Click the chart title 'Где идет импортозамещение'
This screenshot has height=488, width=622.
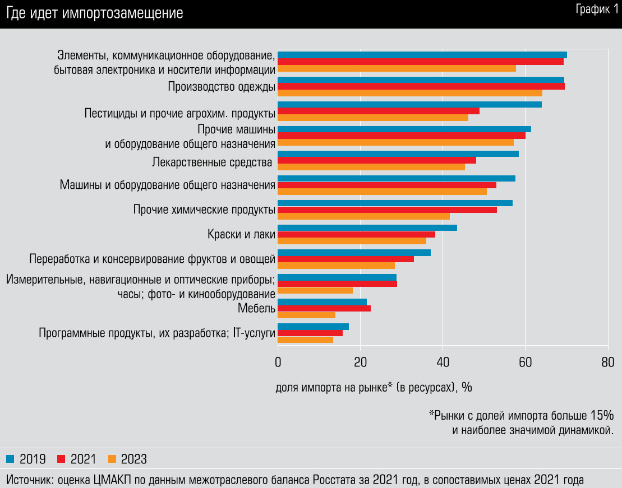point(95,14)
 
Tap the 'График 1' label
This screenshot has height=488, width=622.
point(596,10)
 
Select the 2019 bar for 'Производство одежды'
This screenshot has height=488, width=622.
point(421,80)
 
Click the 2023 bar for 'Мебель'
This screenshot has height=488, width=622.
point(306,315)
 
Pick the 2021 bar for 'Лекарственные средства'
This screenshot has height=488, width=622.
point(376,160)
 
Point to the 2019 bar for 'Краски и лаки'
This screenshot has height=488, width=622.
point(367,227)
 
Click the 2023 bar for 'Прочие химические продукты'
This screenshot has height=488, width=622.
point(363,216)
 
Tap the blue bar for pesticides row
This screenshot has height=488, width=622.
point(409,104)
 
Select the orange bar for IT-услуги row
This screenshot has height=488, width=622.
point(305,340)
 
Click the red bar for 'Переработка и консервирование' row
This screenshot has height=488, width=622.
point(345,259)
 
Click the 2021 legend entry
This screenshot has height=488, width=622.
point(77,459)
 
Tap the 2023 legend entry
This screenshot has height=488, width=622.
point(127,459)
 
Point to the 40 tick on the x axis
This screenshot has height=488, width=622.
point(443,362)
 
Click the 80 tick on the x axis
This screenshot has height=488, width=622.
point(607,362)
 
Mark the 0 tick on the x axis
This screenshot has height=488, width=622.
point(278,362)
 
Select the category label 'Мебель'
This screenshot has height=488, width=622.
point(256,308)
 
